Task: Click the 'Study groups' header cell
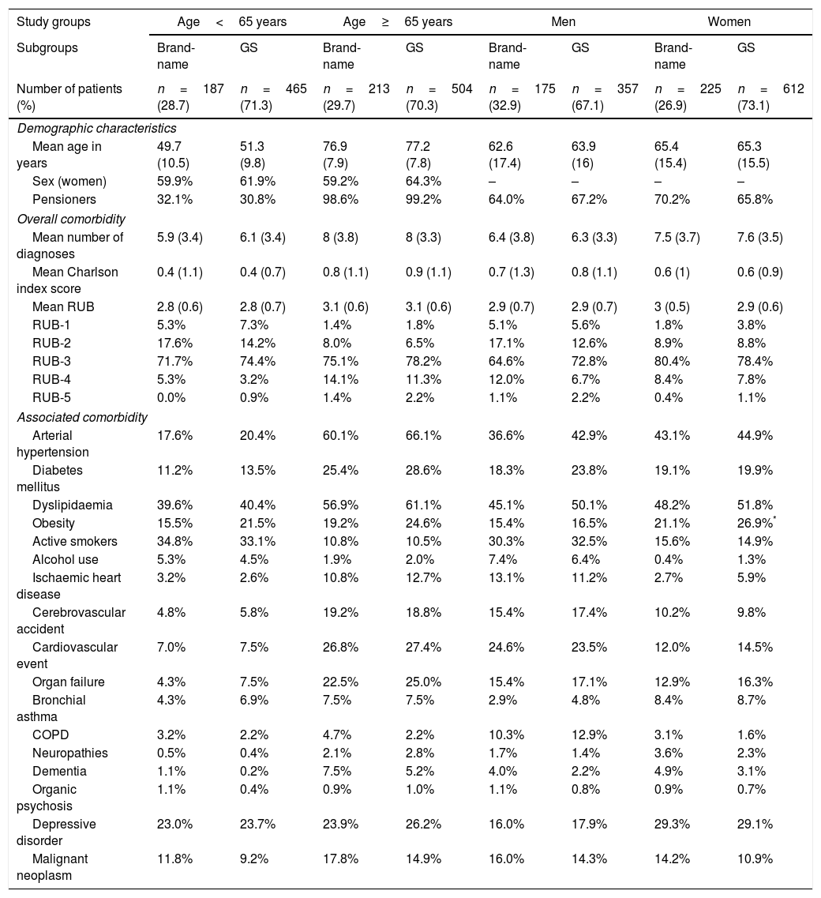[54, 21]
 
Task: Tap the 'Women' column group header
[729, 21]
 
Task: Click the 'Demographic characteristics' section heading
[96, 128]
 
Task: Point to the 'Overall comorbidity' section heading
[71, 219]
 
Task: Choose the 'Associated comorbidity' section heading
[82, 418]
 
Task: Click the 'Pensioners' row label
[64, 200]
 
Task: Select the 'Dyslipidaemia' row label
[73, 505]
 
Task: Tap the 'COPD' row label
[51, 735]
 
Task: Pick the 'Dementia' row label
[59, 771]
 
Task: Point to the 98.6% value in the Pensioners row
[340, 200]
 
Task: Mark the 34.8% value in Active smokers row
[174, 542]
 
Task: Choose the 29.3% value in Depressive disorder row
[672, 825]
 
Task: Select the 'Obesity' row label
[54, 524]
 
